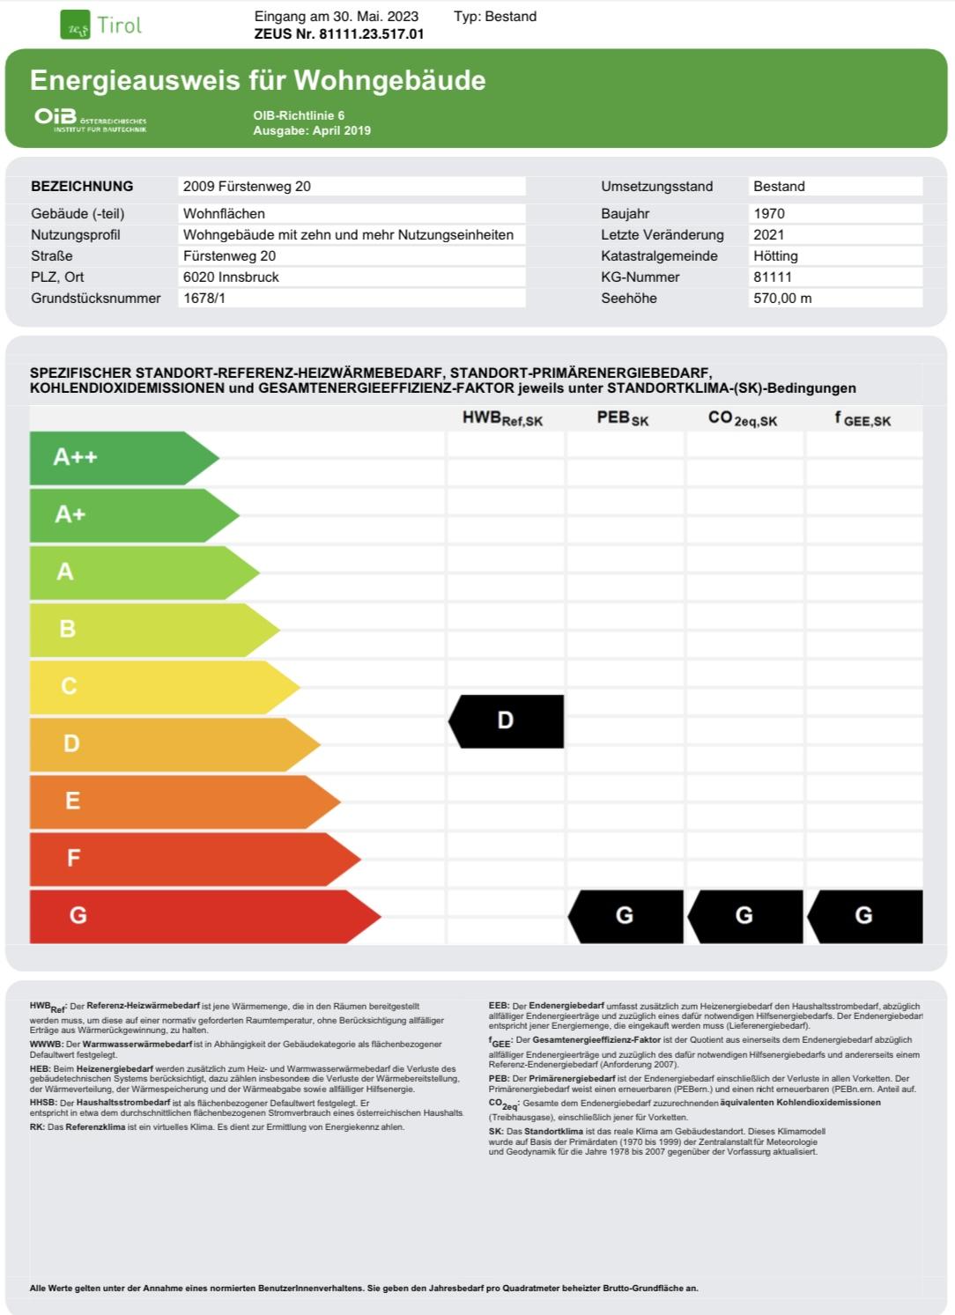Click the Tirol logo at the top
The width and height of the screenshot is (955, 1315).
click(x=101, y=26)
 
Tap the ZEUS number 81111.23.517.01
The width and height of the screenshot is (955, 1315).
click(x=339, y=34)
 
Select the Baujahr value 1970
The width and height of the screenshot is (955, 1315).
click(x=769, y=213)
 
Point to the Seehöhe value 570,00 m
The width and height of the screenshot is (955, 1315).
click(x=782, y=298)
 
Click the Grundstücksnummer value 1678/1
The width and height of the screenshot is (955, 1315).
click(x=204, y=298)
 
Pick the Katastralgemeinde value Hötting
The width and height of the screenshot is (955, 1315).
click(x=775, y=255)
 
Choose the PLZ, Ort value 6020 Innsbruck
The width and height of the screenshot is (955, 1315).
click(x=231, y=277)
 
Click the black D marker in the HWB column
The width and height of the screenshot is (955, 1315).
click(x=507, y=721)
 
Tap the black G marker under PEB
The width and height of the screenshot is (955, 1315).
click(x=626, y=916)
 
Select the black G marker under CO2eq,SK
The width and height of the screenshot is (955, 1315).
click(x=745, y=916)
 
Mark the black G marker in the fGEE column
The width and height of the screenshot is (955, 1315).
click(x=865, y=916)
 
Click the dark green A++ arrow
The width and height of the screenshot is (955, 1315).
click(x=115, y=457)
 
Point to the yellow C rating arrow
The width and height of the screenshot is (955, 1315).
click(x=150, y=686)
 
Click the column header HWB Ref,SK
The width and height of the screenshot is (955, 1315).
click(x=502, y=418)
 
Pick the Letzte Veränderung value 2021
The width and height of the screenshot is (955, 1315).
click(x=769, y=234)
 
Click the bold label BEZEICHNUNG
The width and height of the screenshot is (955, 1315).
click(x=82, y=186)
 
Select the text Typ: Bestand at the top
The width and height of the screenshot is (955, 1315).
click(x=495, y=16)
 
